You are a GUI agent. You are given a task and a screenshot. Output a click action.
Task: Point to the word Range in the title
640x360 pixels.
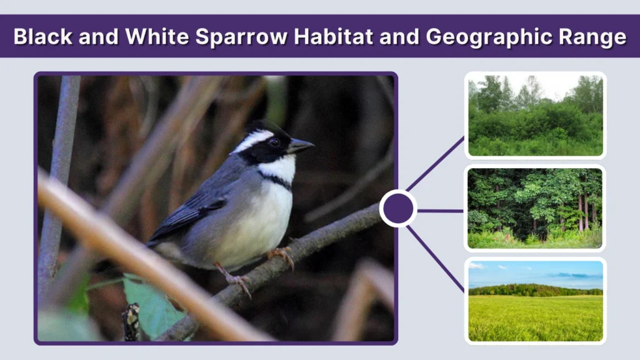[594, 37]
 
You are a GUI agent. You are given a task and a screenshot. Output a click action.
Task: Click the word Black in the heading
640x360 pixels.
[42, 37]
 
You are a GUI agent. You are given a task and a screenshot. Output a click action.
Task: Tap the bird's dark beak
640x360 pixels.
[300, 146]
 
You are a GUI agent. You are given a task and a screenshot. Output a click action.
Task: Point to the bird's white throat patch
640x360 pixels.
[279, 167]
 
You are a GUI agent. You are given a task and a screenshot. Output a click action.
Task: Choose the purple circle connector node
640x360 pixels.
[398, 209]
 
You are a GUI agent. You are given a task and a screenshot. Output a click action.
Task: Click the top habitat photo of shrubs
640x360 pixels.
[536, 115]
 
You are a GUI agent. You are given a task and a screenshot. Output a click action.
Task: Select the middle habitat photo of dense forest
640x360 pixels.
[536, 208]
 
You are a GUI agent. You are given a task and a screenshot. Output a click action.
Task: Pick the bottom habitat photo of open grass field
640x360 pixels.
[536, 301]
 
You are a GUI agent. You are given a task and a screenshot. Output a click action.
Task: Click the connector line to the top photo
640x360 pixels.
[435, 163]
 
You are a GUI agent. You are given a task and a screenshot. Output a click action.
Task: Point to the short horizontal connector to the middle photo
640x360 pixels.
[440, 211]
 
